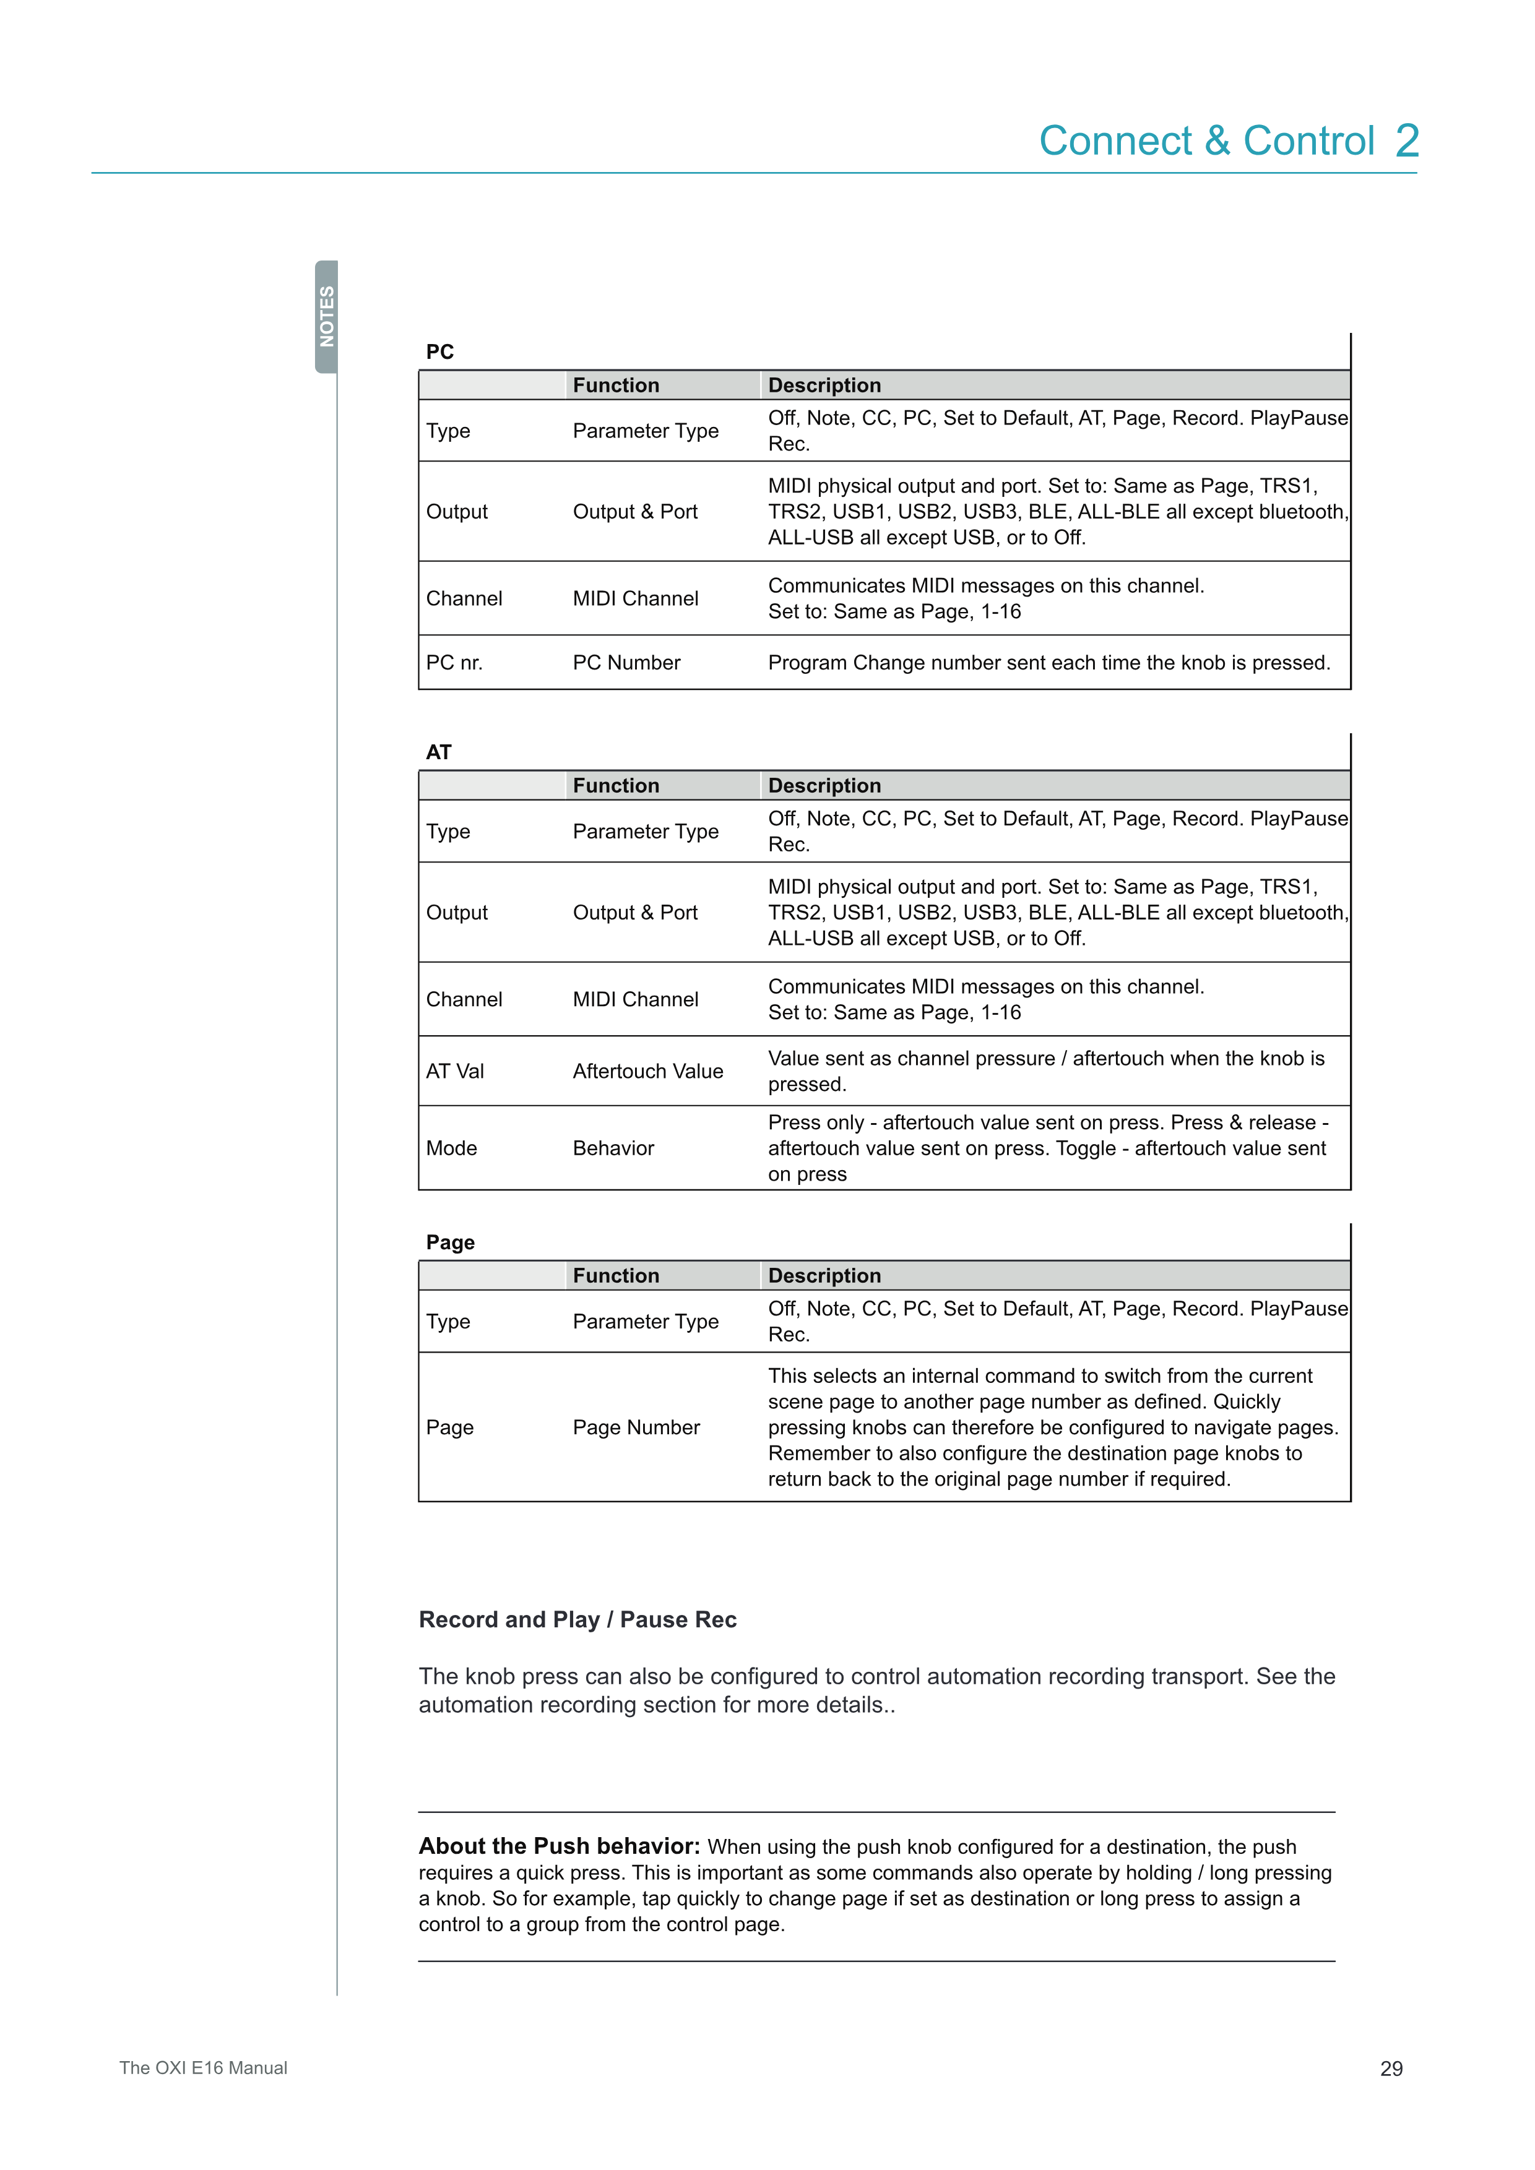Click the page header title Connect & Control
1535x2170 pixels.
[x=1206, y=141]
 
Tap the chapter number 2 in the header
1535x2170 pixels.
[x=1407, y=141]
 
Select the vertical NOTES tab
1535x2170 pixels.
[x=327, y=317]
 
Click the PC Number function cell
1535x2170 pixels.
[x=626, y=663]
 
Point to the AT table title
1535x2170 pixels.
[x=439, y=752]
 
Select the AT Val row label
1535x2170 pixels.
[x=455, y=1071]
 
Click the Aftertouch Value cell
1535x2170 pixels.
[x=647, y=1071]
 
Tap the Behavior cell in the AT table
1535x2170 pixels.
[x=613, y=1148]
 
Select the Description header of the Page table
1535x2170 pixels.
[x=824, y=1276]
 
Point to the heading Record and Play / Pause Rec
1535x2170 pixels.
[x=577, y=1619]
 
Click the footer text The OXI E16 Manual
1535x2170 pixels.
[x=203, y=2068]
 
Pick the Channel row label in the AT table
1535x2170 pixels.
[x=464, y=999]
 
